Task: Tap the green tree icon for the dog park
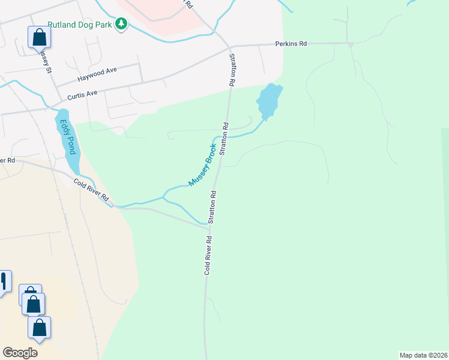tap(122, 25)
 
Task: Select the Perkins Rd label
tap(291, 44)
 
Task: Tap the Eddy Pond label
tap(68, 137)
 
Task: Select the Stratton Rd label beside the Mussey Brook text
tap(224, 139)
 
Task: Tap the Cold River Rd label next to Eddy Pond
tap(91, 190)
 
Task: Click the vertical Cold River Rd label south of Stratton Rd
tap(208, 254)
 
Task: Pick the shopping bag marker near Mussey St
tap(39, 37)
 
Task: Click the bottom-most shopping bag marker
tap(39, 328)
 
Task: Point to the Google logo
tap(20, 353)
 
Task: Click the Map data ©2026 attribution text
tap(423, 355)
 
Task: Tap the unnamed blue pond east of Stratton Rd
tap(268, 100)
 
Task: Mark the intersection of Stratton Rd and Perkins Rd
tap(229, 46)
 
